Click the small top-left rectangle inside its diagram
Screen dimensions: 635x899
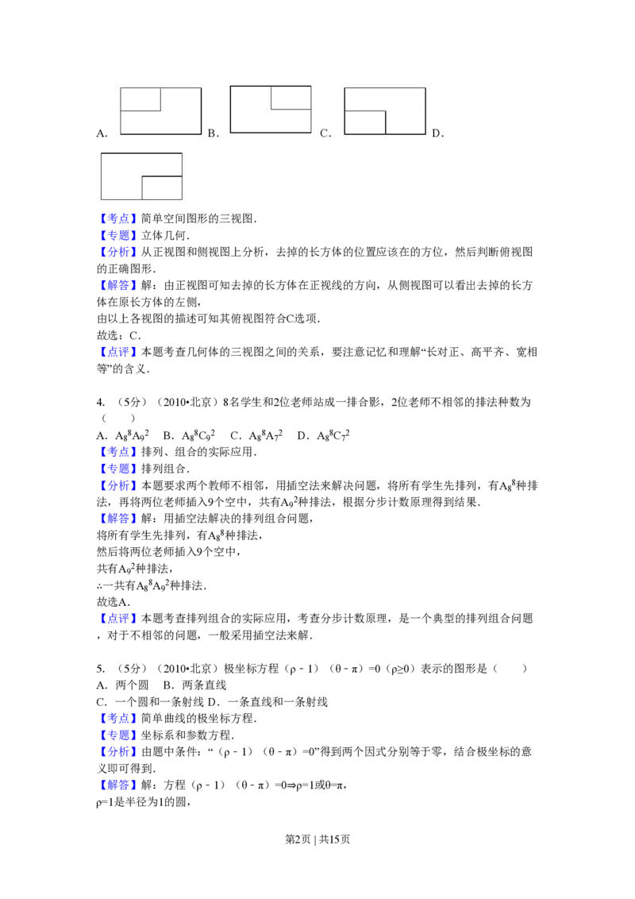click(x=140, y=99)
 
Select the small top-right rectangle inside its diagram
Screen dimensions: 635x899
click(x=291, y=97)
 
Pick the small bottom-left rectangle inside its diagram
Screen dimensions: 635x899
click(x=365, y=122)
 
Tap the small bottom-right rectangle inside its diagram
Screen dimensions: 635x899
click(x=162, y=187)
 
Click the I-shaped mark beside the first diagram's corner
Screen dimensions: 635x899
click(x=207, y=133)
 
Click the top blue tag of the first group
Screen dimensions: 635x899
click(x=117, y=218)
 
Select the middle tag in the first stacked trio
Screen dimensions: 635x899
click(x=117, y=236)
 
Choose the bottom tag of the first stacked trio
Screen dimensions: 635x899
click(x=117, y=253)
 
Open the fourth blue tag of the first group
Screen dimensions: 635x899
click(x=117, y=285)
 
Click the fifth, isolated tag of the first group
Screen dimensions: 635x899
click(x=117, y=352)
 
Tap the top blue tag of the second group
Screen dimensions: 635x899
click(x=117, y=452)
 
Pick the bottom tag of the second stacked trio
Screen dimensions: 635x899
click(x=117, y=485)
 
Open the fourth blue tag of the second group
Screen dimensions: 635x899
click(x=117, y=519)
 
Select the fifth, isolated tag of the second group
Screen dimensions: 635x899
click(x=117, y=619)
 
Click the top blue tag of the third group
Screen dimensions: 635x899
click(x=117, y=719)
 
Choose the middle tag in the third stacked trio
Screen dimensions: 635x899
click(x=117, y=735)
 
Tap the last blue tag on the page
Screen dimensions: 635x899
click(x=117, y=785)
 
